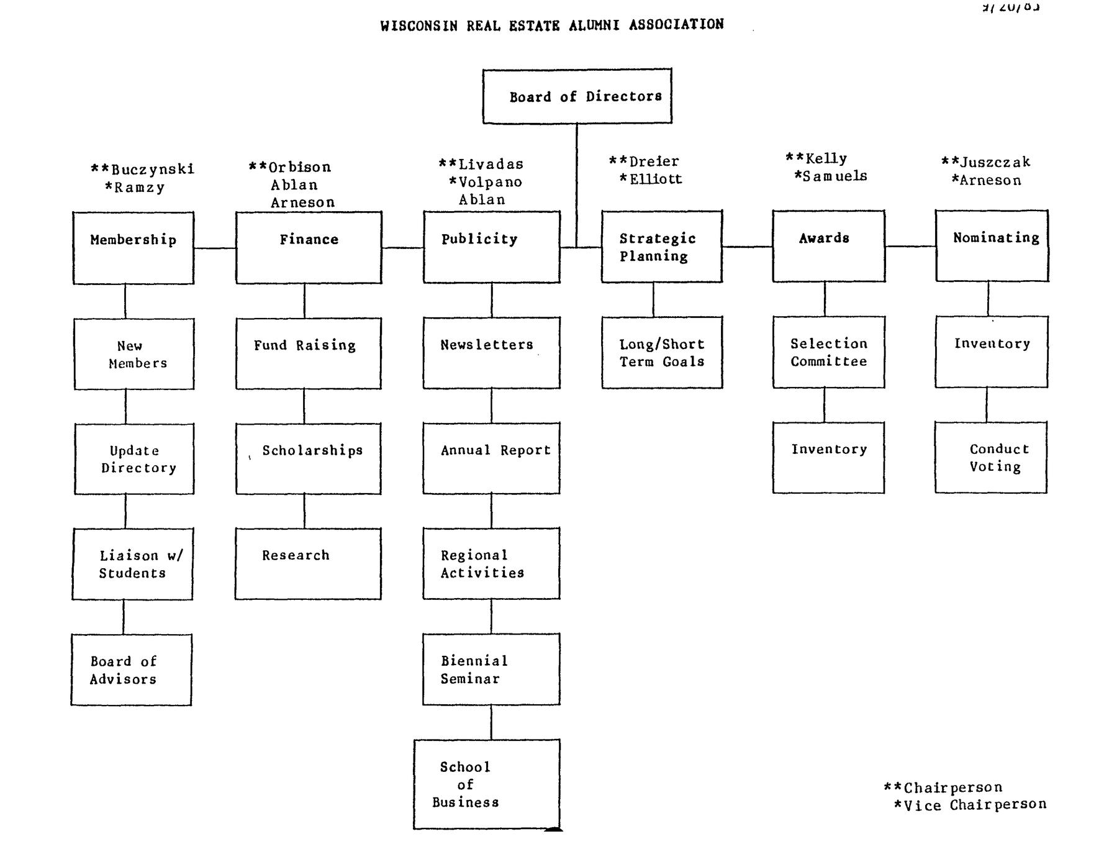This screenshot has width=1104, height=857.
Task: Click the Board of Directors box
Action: (x=577, y=96)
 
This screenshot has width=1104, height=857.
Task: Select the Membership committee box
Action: (x=133, y=248)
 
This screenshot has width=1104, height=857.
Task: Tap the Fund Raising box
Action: (x=309, y=353)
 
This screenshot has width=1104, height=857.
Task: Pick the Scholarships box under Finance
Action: (x=309, y=458)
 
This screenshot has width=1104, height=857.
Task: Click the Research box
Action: (x=308, y=563)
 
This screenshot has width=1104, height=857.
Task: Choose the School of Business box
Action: (x=487, y=784)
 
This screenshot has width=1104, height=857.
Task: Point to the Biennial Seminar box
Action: (x=491, y=669)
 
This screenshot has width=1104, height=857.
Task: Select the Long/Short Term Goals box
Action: (x=662, y=353)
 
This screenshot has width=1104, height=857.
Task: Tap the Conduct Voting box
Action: (x=991, y=458)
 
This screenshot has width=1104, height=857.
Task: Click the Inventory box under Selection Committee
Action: (x=829, y=458)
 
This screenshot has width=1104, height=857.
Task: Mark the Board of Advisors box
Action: (x=132, y=669)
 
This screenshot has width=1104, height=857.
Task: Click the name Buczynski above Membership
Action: (x=153, y=169)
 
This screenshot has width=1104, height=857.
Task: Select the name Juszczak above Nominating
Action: (x=995, y=162)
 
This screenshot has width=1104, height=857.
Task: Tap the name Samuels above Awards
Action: (x=835, y=176)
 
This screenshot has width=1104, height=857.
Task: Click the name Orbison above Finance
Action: (x=300, y=167)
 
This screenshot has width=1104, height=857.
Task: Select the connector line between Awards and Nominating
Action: (x=910, y=247)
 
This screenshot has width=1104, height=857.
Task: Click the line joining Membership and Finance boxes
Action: (x=215, y=248)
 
